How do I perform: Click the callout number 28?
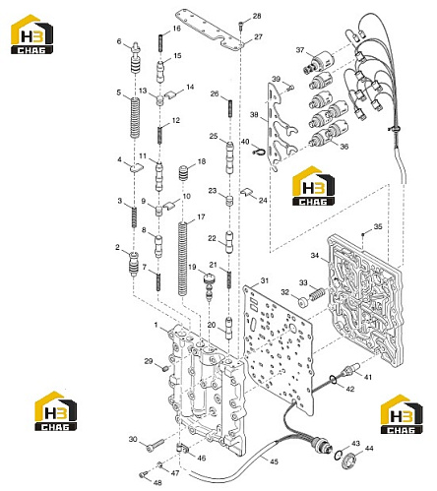pos(257,16)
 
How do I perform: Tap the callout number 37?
pos(300,50)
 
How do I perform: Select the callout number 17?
pos(201,216)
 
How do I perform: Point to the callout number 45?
pos(274,461)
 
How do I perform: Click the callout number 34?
pos(315,255)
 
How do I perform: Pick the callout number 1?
pos(156,325)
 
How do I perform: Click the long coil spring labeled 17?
pos(182,259)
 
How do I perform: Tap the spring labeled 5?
pos(135,118)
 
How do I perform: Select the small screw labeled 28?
pos(241,26)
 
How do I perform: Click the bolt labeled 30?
pos(156,444)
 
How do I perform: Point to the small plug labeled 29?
pos(165,368)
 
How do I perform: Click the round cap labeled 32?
pos(302,301)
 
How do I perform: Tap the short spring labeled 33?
pos(317,293)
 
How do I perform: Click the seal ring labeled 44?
pos(347,460)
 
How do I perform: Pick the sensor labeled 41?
pos(350,370)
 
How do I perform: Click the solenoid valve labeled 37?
pos(315,62)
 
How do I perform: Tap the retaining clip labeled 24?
pos(247,193)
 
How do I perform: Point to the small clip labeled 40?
pos(259,152)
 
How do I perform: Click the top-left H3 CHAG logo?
pos(31,34)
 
